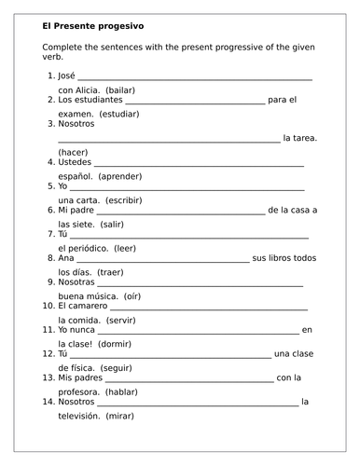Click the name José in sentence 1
click(65, 75)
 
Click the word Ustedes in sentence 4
click(75, 161)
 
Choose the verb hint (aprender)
click(134, 174)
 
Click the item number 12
click(48, 354)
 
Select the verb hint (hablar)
click(120, 392)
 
